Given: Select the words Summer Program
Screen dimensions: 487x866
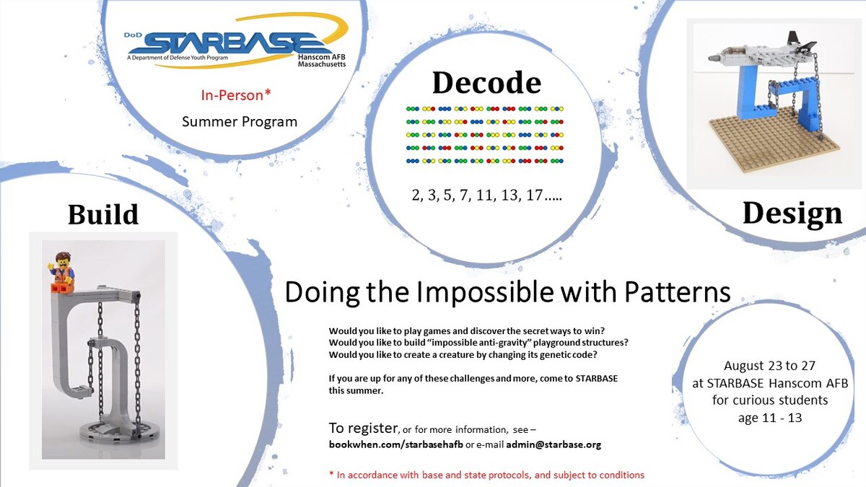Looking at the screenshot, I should point(240,121).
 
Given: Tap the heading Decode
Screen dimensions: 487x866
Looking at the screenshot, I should point(486,82).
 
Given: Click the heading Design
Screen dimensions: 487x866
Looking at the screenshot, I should point(792,213).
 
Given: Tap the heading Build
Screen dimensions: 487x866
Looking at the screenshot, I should point(103,214).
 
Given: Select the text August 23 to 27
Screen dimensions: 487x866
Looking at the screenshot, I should point(769,366).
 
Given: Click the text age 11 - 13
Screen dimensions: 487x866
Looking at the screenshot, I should point(769,417).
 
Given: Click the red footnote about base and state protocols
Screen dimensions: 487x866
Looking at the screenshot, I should point(486,475).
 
